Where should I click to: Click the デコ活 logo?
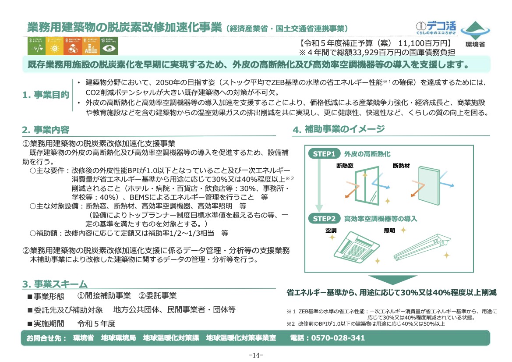click(436, 28)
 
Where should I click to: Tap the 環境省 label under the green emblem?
click(475, 44)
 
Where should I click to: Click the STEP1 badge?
click(324, 154)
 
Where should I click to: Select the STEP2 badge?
click(324, 218)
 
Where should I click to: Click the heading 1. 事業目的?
click(46, 95)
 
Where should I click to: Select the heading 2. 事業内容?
click(46, 130)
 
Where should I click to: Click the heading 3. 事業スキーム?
click(55, 284)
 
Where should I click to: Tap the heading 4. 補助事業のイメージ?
click(339, 129)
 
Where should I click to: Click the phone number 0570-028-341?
click(337, 338)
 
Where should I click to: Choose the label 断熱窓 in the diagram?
click(344, 166)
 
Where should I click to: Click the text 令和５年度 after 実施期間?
click(96, 323)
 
